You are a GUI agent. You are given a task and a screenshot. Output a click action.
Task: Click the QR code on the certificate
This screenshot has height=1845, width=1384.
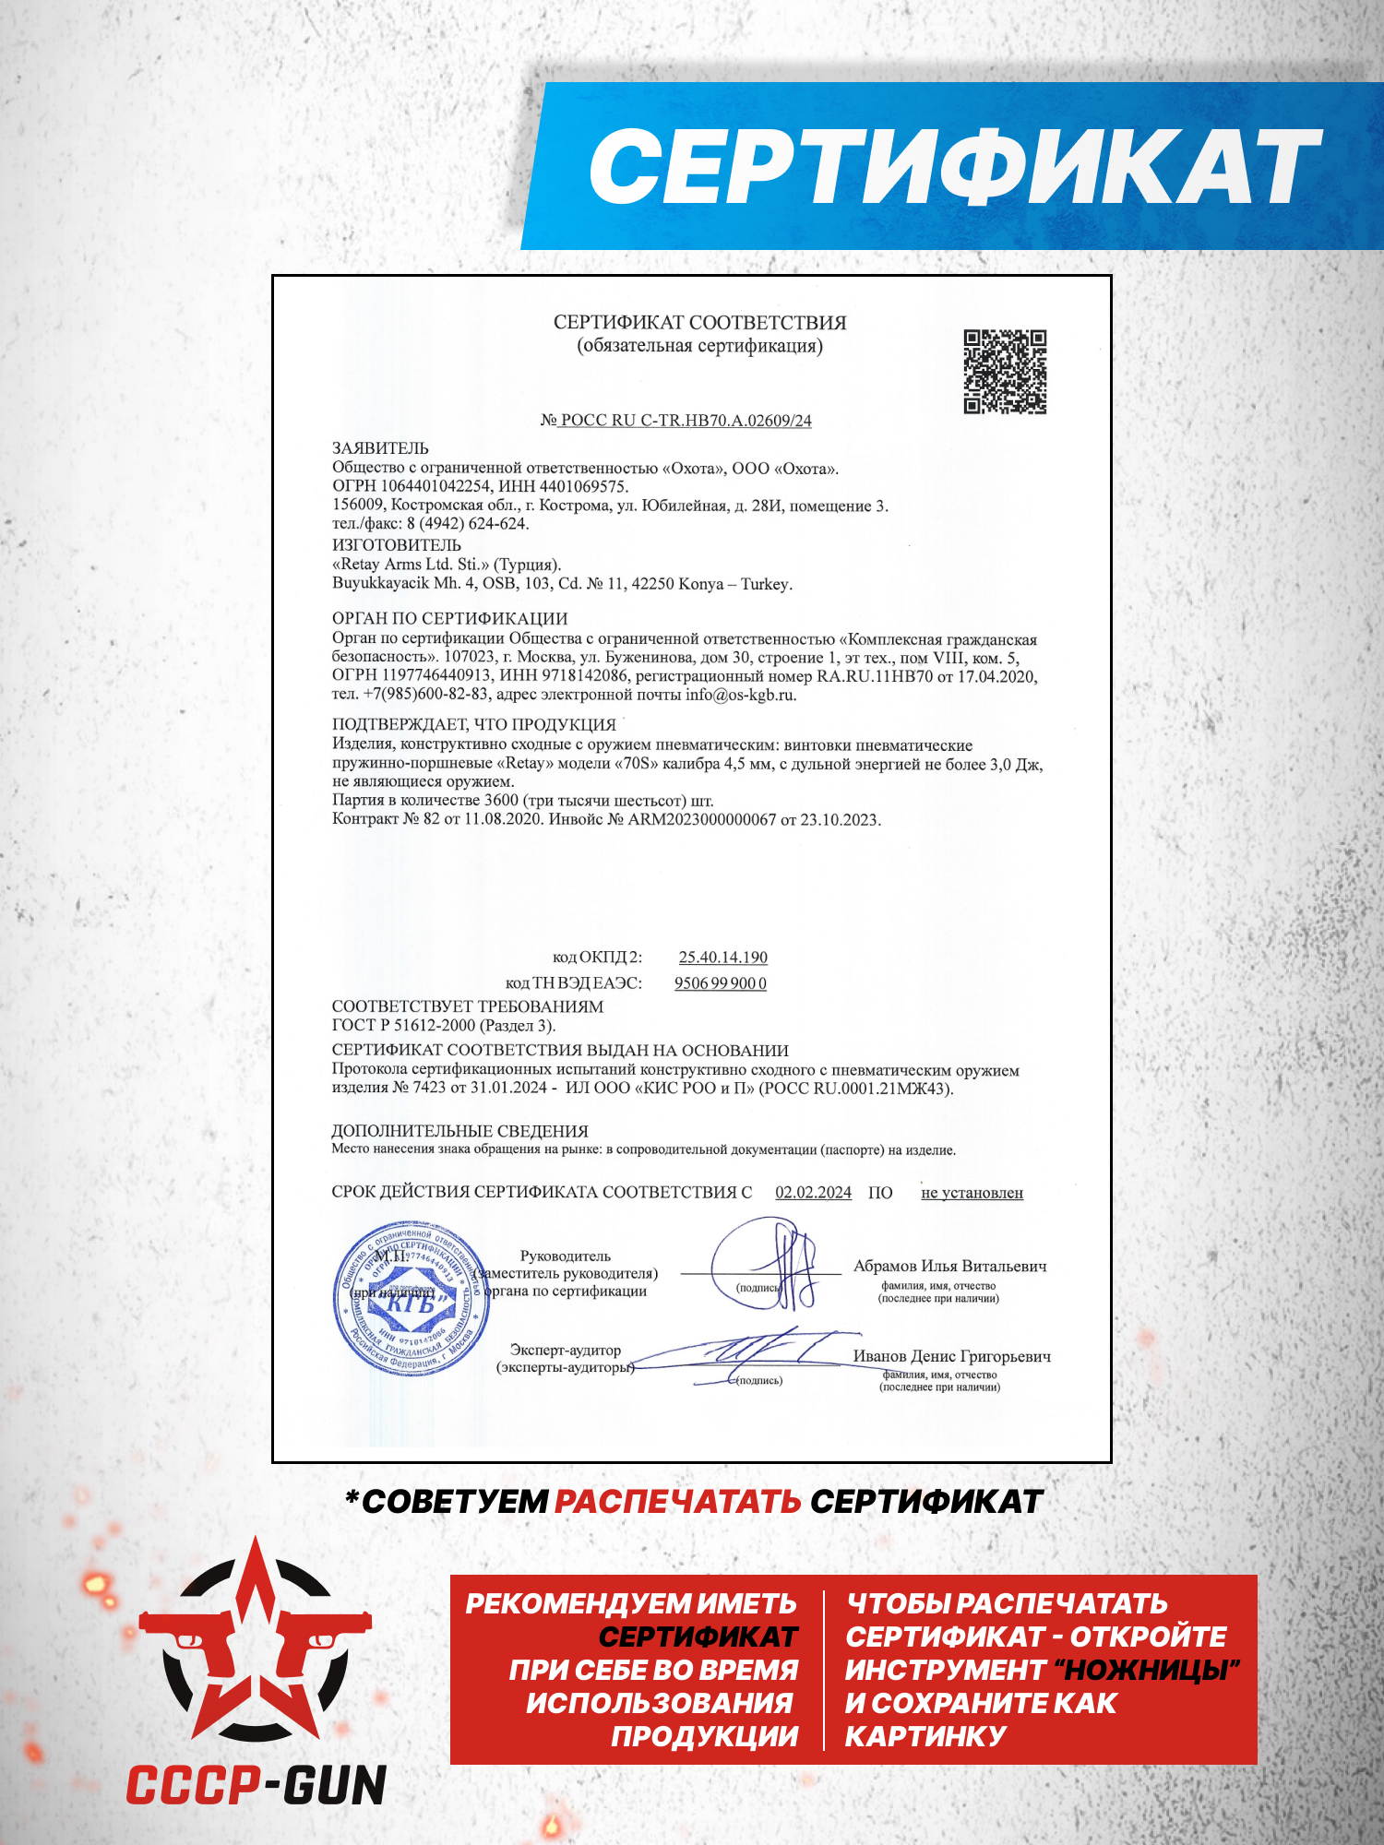point(1005,371)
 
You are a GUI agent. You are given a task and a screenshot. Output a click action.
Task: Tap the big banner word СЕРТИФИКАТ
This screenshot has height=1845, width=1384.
point(954,166)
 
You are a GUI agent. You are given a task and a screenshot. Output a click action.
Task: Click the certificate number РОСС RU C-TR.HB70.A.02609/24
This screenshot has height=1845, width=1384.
point(686,421)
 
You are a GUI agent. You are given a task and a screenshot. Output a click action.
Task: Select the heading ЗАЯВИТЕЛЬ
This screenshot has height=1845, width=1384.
point(380,448)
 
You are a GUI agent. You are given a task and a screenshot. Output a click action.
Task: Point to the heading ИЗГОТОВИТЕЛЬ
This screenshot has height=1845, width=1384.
point(396,545)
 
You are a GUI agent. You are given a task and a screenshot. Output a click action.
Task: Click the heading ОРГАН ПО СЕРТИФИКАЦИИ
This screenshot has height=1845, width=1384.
point(449,619)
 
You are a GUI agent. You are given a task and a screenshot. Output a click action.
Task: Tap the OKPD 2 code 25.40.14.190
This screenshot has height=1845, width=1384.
point(722,958)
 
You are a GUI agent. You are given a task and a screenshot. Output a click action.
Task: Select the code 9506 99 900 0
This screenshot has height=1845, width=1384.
point(720,983)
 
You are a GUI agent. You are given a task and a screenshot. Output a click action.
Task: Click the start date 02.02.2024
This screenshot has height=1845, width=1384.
point(813,1193)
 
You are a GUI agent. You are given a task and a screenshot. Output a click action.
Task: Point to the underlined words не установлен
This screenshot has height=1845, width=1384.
point(972,1193)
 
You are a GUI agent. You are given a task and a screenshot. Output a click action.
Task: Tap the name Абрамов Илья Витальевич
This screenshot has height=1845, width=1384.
point(949,1267)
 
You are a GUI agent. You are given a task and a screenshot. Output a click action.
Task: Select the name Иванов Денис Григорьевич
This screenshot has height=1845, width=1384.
point(951,1356)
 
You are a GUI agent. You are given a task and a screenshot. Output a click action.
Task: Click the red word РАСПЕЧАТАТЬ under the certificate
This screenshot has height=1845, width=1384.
point(677,1502)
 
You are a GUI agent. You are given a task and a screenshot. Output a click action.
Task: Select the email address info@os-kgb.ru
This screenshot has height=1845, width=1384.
point(740,695)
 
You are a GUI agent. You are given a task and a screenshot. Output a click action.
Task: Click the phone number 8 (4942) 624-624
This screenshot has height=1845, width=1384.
point(468,524)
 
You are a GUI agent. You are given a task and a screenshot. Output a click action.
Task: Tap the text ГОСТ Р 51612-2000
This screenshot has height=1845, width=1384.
point(403,1025)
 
